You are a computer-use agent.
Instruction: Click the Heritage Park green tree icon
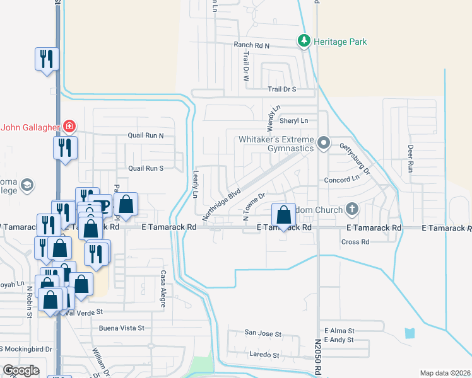pos(304,42)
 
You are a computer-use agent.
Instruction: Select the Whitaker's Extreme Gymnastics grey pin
pos(324,142)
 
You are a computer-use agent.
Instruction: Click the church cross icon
pos(352,209)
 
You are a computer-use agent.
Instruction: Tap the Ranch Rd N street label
pos(251,45)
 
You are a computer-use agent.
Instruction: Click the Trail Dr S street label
pos(281,89)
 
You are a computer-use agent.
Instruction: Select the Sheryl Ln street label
pos(294,120)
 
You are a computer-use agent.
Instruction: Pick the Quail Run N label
pos(146,135)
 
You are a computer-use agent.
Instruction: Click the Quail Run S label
pos(146,168)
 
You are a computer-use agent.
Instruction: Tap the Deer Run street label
pos(410,159)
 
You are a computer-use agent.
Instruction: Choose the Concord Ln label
pos(341,178)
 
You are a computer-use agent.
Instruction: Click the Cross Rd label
pos(355,242)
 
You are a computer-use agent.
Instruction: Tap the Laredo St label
pos(264,355)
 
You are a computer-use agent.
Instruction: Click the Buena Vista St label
pos(122,328)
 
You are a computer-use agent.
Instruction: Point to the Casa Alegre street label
pos(162,289)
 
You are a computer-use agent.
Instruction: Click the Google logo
pos(21,370)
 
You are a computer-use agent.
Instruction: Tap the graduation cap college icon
pos(27,185)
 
